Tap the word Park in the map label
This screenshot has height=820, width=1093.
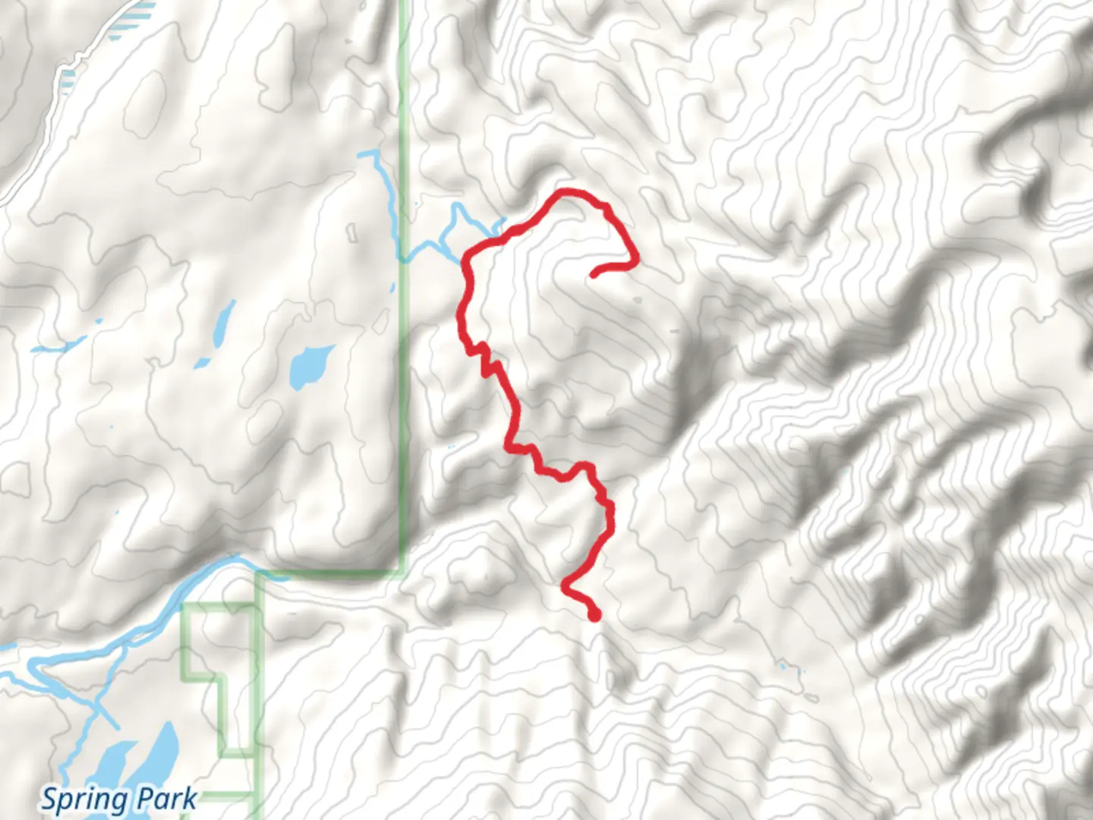(x=167, y=799)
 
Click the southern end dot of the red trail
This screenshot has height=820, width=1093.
(x=594, y=616)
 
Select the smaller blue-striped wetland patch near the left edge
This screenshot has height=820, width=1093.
(x=69, y=75)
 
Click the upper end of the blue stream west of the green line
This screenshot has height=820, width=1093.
(x=370, y=154)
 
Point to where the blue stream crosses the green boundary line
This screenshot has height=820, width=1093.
(x=403, y=257)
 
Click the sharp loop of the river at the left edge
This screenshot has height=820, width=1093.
(x=34, y=668)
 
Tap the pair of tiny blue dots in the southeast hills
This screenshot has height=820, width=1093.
(x=789, y=670)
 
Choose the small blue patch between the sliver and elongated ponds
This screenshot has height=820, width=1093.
(x=98, y=321)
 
